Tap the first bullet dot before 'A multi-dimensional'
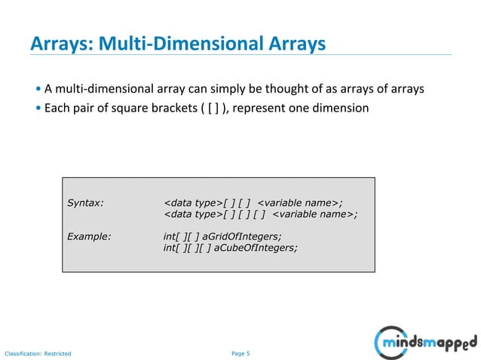point(38,90)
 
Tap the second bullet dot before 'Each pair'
point(38,108)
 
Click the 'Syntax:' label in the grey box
point(86,202)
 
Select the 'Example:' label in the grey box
point(90,236)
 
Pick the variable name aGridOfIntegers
point(234,236)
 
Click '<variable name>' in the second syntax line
point(314,214)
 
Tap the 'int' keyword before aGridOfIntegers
point(170,236)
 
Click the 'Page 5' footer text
point(238,352)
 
